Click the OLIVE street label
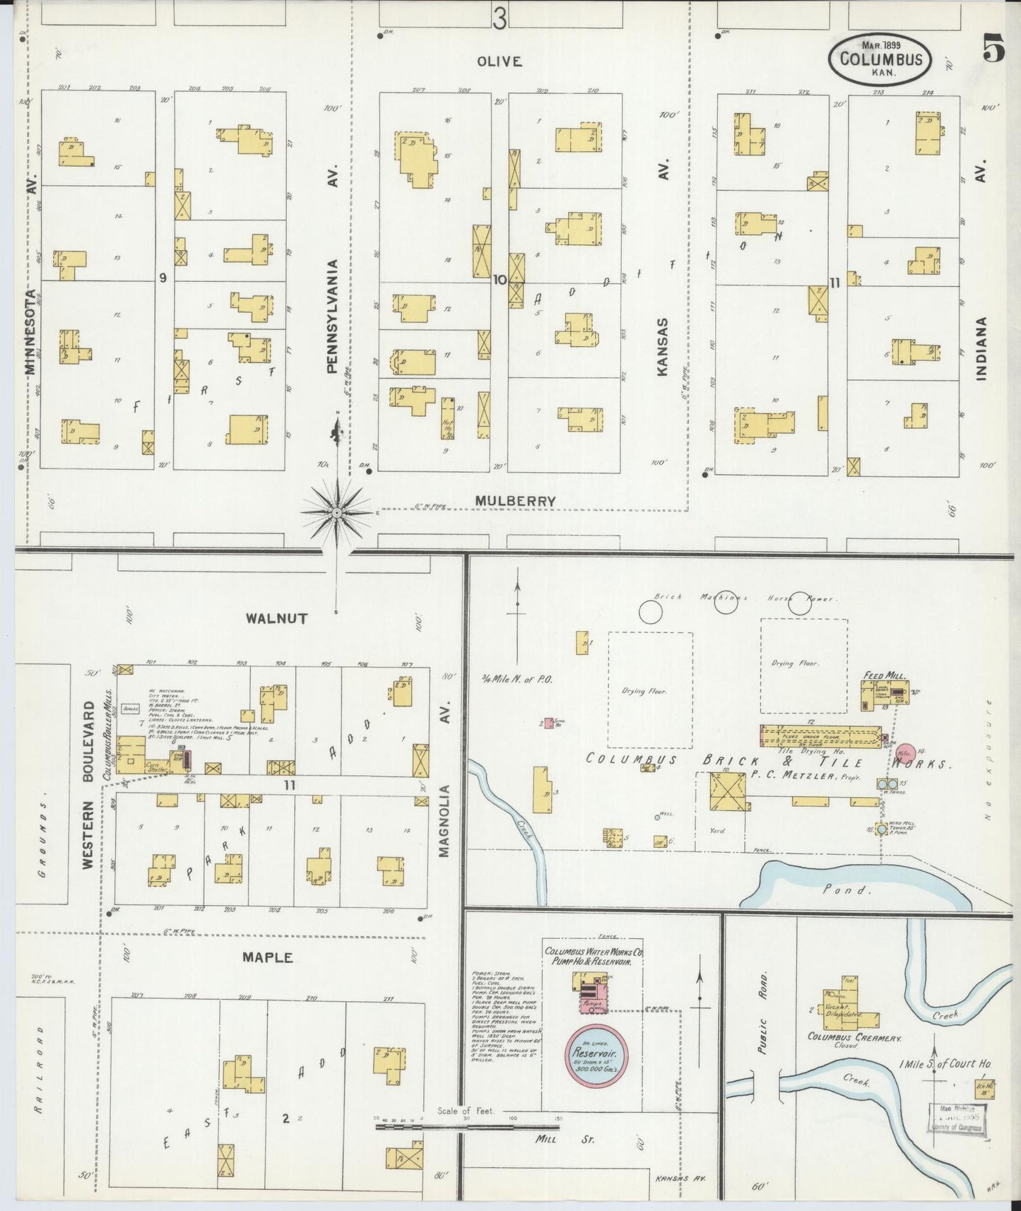[499, 61]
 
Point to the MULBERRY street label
[514, 500]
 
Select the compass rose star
[337, 512]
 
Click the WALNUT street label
[276, 618]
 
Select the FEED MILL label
[884, 676]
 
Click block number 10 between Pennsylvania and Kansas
[500, 280]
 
